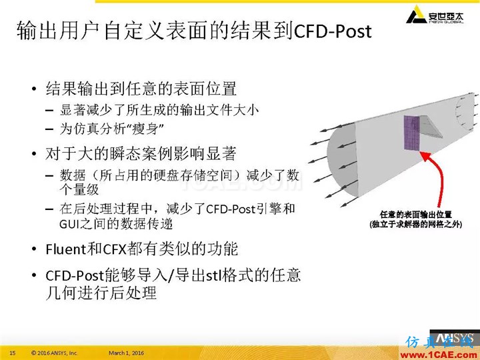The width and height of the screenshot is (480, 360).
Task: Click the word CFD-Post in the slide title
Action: coord(333,31)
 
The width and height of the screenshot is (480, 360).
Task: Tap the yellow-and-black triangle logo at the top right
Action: coord(416,15)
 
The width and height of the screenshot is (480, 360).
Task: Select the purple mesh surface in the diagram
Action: coord(412,133)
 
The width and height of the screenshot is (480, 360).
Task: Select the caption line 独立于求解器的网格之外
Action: coord(416,225)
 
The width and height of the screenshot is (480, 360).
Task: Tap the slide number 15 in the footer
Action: coord(13,353)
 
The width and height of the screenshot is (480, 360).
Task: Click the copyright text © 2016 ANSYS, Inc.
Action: coord(55,353)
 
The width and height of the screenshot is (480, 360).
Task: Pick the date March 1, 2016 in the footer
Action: coord(127,353)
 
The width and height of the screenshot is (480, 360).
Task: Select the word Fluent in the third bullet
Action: coord(66,249)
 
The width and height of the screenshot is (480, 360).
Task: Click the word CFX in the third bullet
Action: coord(115,249)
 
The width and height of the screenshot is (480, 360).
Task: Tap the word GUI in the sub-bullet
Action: coord(67,224)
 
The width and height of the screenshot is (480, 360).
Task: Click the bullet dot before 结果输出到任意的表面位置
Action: coord(34,89)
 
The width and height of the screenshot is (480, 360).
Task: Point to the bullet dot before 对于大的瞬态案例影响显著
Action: coord(34,153)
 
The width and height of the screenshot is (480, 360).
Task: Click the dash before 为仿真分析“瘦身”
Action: coord(49,129)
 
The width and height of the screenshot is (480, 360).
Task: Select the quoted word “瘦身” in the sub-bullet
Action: coord(147,129)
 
